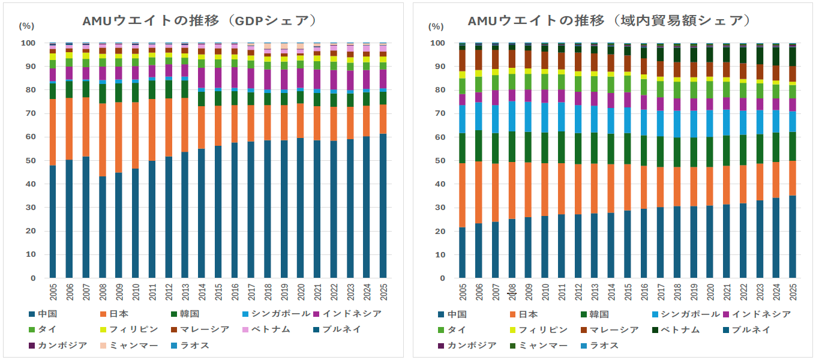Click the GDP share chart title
[x=199, y=20]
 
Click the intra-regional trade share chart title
[x=608, y=20]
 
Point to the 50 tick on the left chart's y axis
[x=28, y=161]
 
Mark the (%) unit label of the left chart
[x=27, y=26]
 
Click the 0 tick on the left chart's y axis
[x=32, y=278]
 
